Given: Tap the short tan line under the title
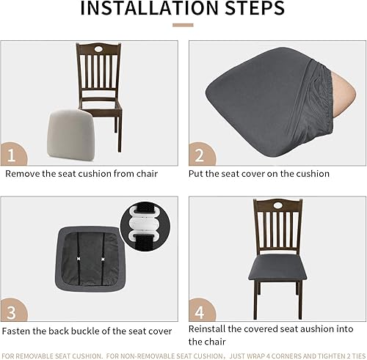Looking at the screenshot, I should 183,25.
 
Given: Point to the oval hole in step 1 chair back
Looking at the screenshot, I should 98,51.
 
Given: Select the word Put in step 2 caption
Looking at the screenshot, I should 197,175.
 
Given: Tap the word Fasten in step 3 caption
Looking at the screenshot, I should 18,331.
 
